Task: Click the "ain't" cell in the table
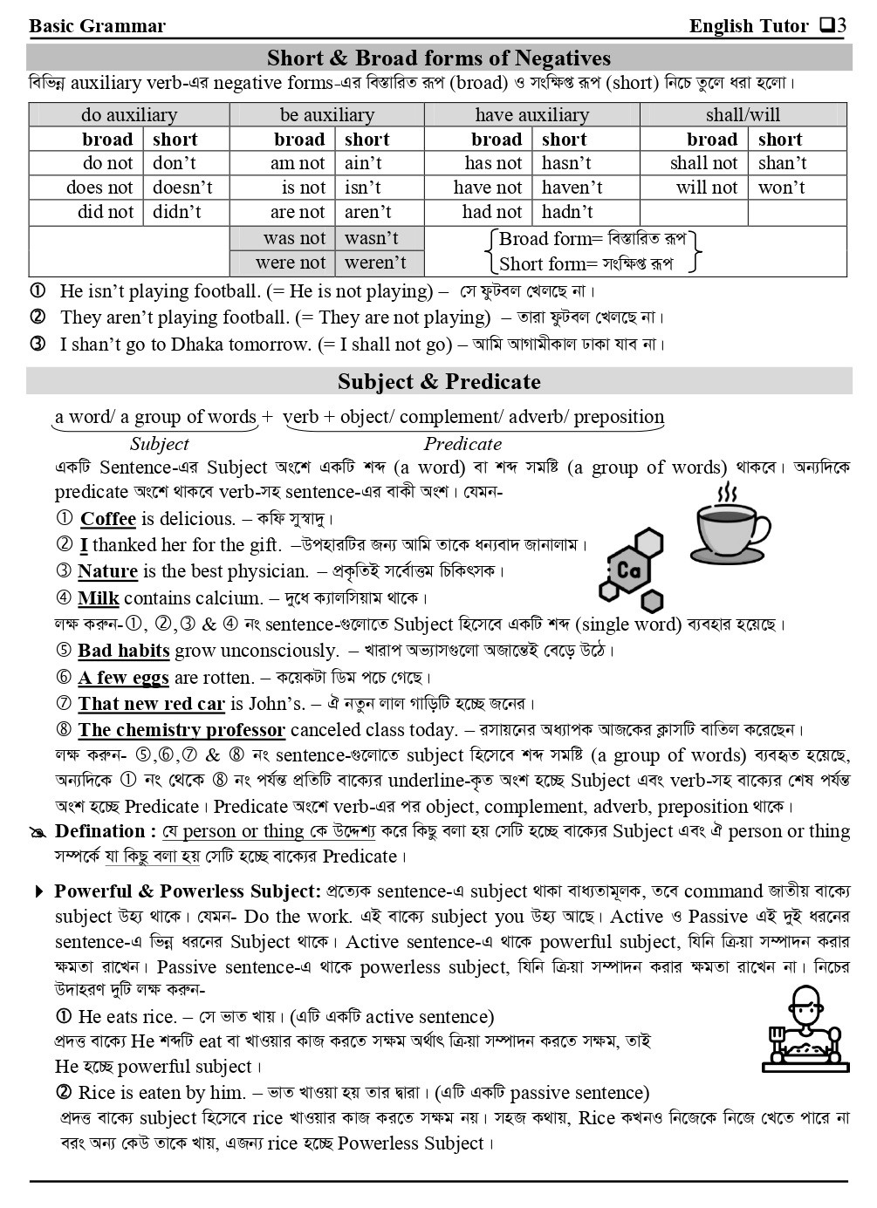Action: tap(364, 163)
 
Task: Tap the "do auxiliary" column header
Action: tap(129, 115)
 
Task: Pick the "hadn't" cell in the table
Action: tap(567, 212)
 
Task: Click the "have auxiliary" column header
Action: tap(531, 115)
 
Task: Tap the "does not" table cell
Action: tap(99, 188)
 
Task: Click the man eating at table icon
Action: tap(805, 1028)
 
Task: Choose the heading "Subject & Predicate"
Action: tap(439, 382)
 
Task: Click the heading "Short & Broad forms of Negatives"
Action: tap(439, 58)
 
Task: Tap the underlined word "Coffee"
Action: tap(108, 519)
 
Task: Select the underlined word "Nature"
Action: tap(107, 572)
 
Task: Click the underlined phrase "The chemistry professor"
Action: tap(182, 730)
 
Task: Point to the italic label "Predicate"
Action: tap(462, 444)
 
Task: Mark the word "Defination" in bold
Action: tap(99, 831)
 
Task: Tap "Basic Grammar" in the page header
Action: tap(97, 26)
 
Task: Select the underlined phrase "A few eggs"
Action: tap(123, 678)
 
